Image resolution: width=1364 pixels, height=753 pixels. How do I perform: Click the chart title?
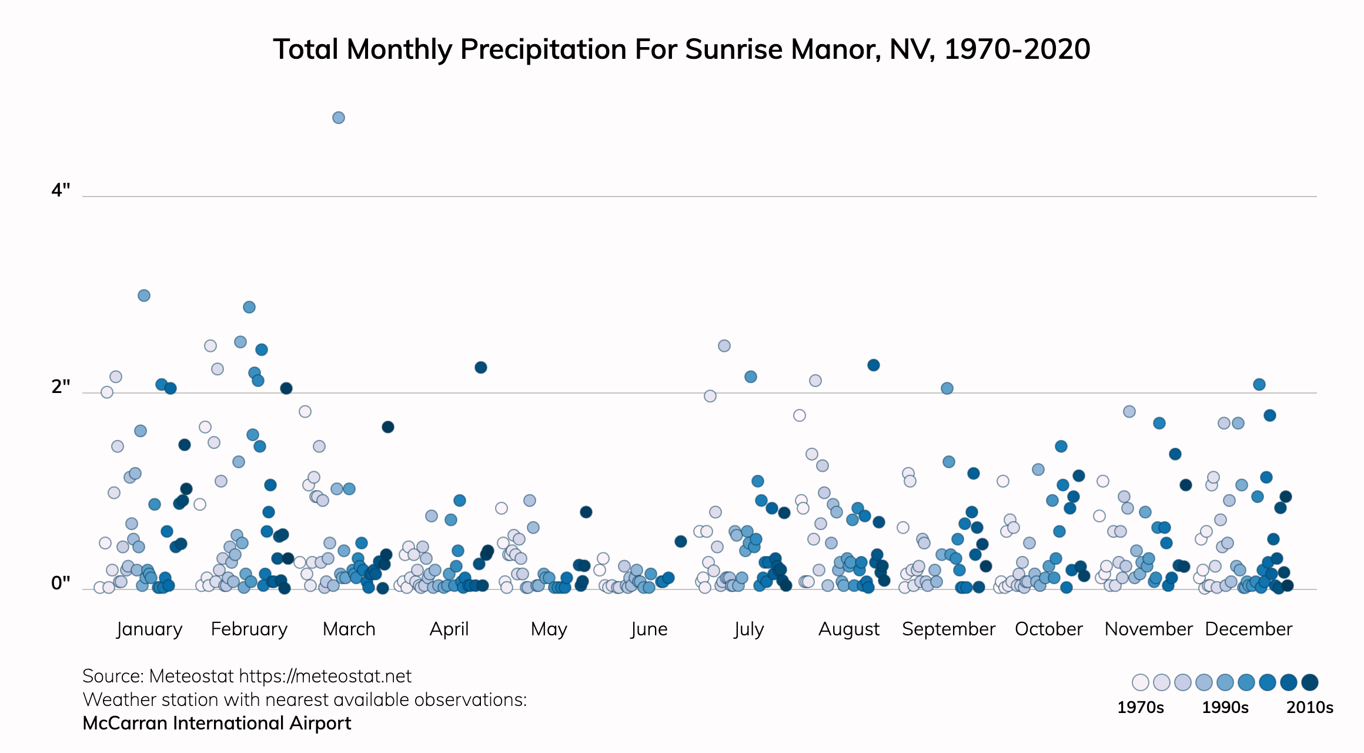(x=681, y=49)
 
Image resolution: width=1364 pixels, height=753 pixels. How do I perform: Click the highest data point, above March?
(x=339, y=118)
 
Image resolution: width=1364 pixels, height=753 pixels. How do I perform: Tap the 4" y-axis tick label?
(x=61, y=191)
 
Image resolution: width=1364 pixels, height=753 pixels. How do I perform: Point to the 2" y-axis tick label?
(x=61, y=387)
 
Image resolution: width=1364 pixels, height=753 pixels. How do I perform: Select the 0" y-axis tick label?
(x=61, y=583)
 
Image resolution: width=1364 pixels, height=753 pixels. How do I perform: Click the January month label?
(x=149, y=629)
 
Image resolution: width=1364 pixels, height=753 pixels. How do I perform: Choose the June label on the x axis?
(x=649, y=629)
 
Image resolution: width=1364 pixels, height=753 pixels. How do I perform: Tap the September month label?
(x=948, y=629)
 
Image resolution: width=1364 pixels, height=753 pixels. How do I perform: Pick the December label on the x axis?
(x=1249, y=629)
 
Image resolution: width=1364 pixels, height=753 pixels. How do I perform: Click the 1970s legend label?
(x=1140, y=707)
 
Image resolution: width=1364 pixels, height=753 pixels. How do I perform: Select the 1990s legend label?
(x=1225, y=707)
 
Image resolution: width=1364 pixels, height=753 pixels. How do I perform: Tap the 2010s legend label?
(x=1309, y=707)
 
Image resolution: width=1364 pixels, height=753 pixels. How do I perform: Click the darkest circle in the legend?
(x=1310, y=682)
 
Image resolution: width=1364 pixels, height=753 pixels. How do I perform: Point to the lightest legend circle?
(x=1141, y=682)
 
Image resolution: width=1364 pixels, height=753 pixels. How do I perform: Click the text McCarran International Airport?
(x=216, y=723)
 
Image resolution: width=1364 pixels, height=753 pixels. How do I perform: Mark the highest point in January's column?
(x=144, y=295)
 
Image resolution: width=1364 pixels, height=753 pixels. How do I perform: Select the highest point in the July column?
(x=724, y=346)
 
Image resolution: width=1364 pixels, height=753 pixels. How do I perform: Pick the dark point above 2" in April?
(x=481, y=368)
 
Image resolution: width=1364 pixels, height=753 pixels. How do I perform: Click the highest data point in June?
(x=681, y=541)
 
